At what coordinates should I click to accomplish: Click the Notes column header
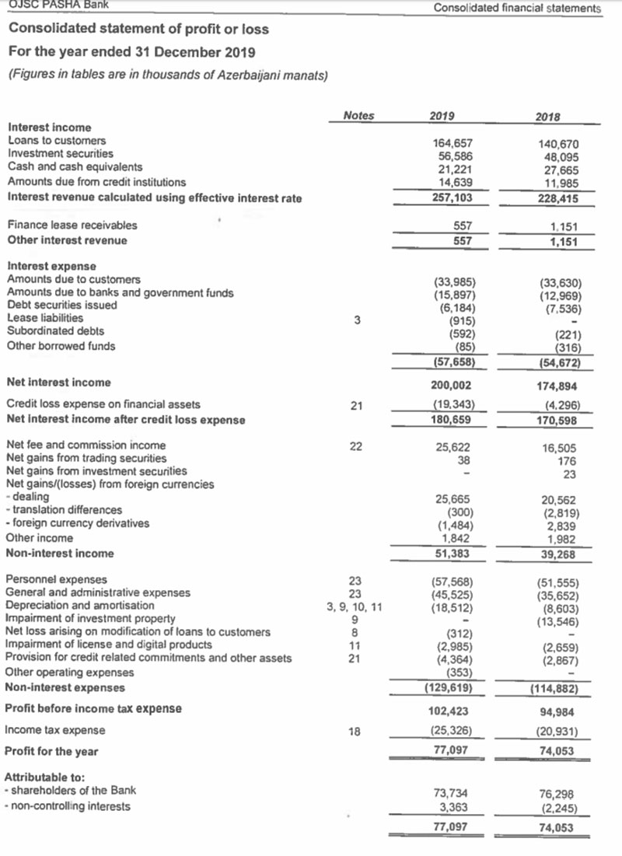358,116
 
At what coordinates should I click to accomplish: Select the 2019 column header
442,116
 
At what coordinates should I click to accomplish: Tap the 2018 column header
549,117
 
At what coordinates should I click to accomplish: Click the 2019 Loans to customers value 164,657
453,143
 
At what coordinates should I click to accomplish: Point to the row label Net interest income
58,383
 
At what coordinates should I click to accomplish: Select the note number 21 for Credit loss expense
355,405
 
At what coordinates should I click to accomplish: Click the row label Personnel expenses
57,579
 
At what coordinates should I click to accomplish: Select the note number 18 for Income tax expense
355,731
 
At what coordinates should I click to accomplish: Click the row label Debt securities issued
62,305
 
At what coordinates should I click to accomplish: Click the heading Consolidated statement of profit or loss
138,29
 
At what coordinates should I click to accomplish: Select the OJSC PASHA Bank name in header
58,5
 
